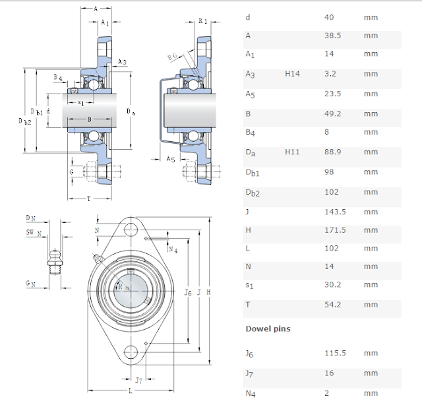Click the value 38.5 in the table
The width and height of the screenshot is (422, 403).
[x=333, y=36]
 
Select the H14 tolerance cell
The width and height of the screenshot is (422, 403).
[x=292, y=75]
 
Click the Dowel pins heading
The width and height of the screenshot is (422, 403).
[x=268, y=328]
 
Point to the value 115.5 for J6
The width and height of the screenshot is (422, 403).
[x=335, y=354]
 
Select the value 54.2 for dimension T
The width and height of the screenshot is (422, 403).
[x=333, y=305]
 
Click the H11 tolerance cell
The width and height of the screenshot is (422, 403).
[x=292, y=152]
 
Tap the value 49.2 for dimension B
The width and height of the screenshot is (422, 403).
[x=333, y=113]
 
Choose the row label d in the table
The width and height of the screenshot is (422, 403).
[x=247, y=17]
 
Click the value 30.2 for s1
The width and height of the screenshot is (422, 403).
[x=333, y=285]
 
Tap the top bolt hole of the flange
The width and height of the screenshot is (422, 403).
[x=132, y=230]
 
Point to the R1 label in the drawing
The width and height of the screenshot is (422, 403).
[x=202, y=21]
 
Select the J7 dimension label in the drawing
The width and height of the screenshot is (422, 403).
[x=138, y=381]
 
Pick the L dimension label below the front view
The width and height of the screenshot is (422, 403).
[x=131, y=392]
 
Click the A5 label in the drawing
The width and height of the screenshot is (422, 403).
[x=170, y=159]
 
